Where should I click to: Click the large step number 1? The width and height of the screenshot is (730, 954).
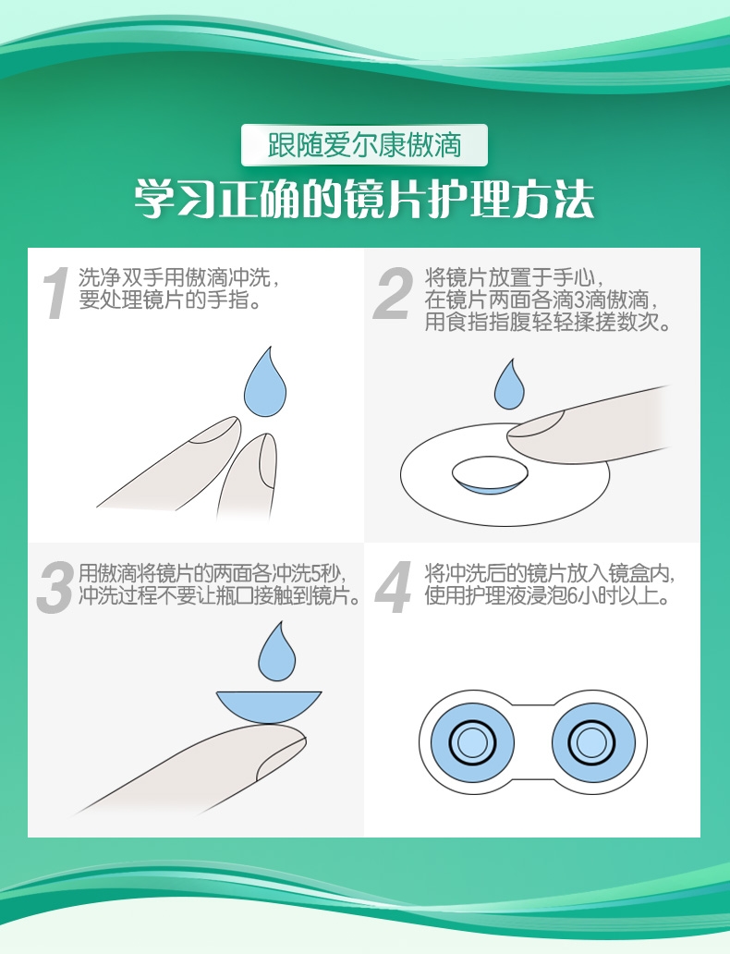tap(56, 293)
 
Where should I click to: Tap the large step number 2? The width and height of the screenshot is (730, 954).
tap(393, 293)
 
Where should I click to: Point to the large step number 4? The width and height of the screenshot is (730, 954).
tap(393, 587)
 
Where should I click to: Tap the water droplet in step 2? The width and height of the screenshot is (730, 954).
tap(508, 386)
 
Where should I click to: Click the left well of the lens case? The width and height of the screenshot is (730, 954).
tap(470, 740)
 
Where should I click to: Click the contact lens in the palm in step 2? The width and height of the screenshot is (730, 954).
tap(490, 474)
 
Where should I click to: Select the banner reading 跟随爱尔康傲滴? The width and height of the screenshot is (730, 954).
tap(364, 145)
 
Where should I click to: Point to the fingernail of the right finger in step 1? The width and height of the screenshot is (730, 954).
tap(267, 459)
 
